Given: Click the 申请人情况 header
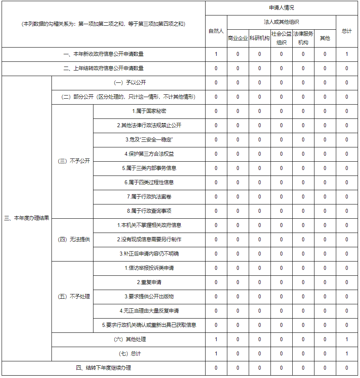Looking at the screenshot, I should (x=281, y=8).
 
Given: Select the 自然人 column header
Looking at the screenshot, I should (x=216, y=31).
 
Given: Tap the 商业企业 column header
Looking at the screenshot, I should (x=238, y=38).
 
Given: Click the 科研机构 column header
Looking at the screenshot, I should (x=259, y=38).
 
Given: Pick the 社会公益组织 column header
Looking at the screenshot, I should (x=281, y=38).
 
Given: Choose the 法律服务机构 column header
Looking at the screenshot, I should (x=303, y=38).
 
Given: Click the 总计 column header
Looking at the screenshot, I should (x=347, y=31).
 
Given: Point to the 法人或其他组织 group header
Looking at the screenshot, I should (x=281, y=22).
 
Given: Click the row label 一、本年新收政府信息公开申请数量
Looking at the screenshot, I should (x=103, y=54).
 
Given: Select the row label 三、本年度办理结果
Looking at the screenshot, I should (x=27, y=218).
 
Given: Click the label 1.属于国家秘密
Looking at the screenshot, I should (x=149, y=111).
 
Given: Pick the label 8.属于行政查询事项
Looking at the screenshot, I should (x=149, y=211).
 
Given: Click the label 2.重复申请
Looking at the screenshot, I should (x=149, y=283).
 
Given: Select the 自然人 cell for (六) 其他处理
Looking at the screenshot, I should (x=216, y=340).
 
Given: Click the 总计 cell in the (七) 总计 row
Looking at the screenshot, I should (x=347, y=354).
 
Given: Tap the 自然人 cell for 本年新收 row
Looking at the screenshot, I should (x=216, y=54).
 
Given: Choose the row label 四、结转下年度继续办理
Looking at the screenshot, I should (x=103, y=368).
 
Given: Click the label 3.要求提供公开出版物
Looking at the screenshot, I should (x=149, y=297).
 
